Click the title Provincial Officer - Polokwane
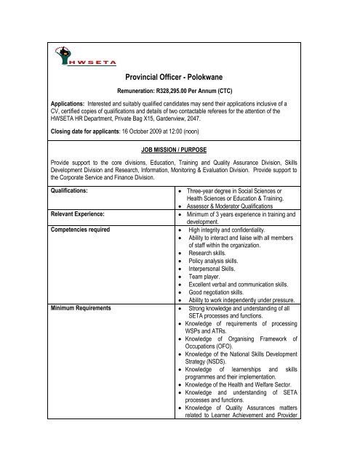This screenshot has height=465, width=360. tap(180, 86)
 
